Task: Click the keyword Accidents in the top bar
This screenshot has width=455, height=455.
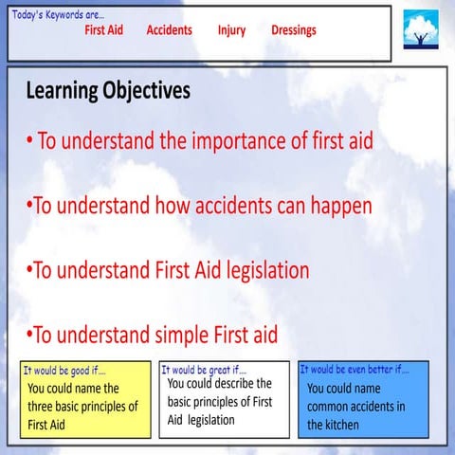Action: tap(169, 30)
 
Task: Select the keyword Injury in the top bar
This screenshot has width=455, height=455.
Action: tap(231, 30)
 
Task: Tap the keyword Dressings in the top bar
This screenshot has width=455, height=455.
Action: tap(294, 30)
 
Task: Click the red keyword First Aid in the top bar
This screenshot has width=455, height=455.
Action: tap(103, 30)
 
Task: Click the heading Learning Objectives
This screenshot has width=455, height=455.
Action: tap(108, 91)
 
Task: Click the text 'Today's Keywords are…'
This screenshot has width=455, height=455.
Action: tap(58, 13)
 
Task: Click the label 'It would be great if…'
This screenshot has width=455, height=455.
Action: tap(203, 370)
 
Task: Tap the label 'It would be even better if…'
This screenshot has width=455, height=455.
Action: tap(354, 369)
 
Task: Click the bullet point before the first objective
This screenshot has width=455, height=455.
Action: tap(30, 143)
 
